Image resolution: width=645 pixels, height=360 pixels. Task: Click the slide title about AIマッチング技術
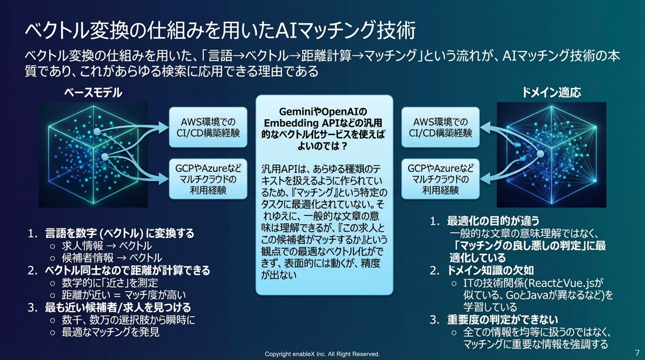click(220, 30)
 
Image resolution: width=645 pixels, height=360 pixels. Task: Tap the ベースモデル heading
click(93, 92)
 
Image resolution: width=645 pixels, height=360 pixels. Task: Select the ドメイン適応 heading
click(551, 92)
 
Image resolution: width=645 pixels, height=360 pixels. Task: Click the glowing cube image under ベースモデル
click(93, 155)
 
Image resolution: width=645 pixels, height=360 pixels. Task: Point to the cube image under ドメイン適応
click(551, 155)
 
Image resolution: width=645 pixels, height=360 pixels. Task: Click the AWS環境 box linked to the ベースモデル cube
click(208, 127)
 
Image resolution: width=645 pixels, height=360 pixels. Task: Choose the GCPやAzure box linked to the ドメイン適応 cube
click(440, 179)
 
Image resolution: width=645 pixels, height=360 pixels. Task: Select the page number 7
click(637, 353)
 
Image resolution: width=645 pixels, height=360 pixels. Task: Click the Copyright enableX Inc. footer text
click(322, 354)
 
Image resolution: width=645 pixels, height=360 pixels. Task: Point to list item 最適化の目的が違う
click(493, 221)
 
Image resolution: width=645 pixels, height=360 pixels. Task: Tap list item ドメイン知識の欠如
click(490, 270)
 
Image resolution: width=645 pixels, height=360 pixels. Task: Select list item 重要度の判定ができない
click(502, 320)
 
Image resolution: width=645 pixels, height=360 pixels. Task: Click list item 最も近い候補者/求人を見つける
click(118, 307)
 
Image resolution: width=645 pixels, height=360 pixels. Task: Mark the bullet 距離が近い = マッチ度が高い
click(123, 295)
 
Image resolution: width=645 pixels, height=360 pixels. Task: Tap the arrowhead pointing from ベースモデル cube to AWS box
click(164, 128)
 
